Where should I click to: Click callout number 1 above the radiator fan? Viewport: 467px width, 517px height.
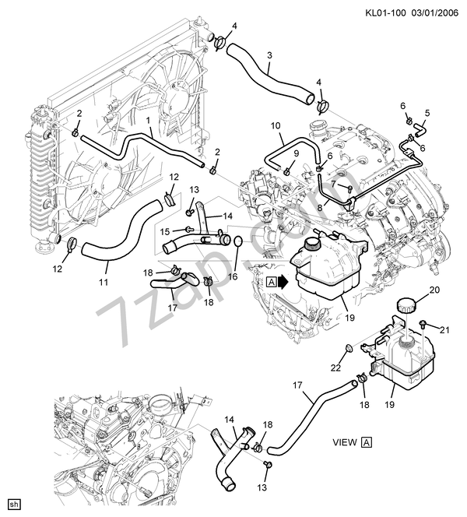click(147, 121)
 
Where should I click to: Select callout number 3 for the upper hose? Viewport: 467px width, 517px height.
click(269, 56)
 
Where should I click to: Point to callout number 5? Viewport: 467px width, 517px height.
click(426, 112)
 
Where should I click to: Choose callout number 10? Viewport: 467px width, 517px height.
click(275, 125)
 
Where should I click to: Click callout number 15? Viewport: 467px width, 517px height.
click(165, 231)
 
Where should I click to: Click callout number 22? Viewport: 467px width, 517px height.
click(335, 368)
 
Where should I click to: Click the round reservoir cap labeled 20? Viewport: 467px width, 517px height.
click(405, 306)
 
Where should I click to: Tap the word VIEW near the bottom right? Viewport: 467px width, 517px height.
click(344, 442)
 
